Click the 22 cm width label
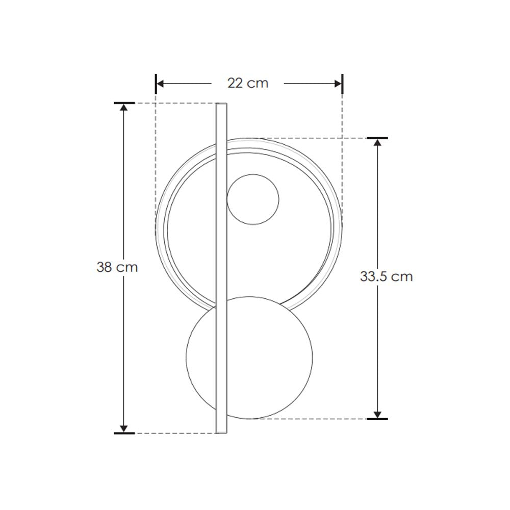(x=247, y=83)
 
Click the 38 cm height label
(x=117, y=267)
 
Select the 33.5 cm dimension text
(x=386, y=276)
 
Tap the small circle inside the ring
(x=253, y=199)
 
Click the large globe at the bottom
(x=249, y=357)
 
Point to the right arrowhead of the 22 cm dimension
(x=338, y=84)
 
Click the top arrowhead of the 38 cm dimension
(x=123, y=109)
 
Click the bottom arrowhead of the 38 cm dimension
(x=123, y=428)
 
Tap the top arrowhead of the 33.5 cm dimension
(x=377, y=143)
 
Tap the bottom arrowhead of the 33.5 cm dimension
(x=377, y=414)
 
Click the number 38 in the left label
(x=105, y=267)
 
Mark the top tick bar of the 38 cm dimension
(x=124, y=103)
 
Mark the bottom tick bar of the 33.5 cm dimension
(x=377, y=419)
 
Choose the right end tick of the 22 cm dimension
(x=342, y=84)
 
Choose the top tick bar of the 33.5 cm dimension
(x=377, y=138)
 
